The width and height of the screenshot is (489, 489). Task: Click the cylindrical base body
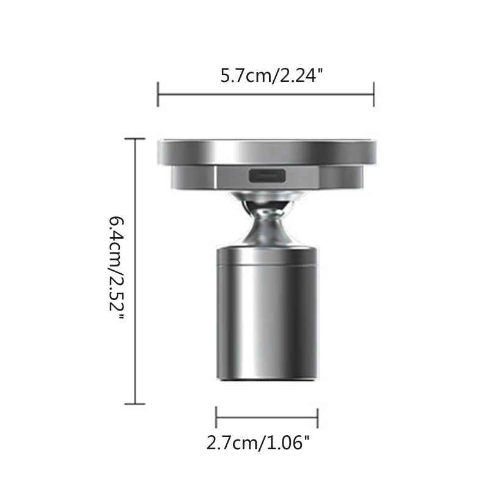click(x=267, y=318)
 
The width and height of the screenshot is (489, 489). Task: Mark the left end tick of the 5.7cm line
click(x=158, y=94)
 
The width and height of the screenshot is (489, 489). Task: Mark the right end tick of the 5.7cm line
click(x=373, y=94)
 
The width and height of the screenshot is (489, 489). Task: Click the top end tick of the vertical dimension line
click(x=135, y=139)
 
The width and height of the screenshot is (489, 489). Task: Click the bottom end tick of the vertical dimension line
click(x=135, y=403)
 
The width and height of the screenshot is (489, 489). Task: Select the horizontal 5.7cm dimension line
click(x=266, y=94)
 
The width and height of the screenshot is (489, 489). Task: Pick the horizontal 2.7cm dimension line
click(x=267, y=418)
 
